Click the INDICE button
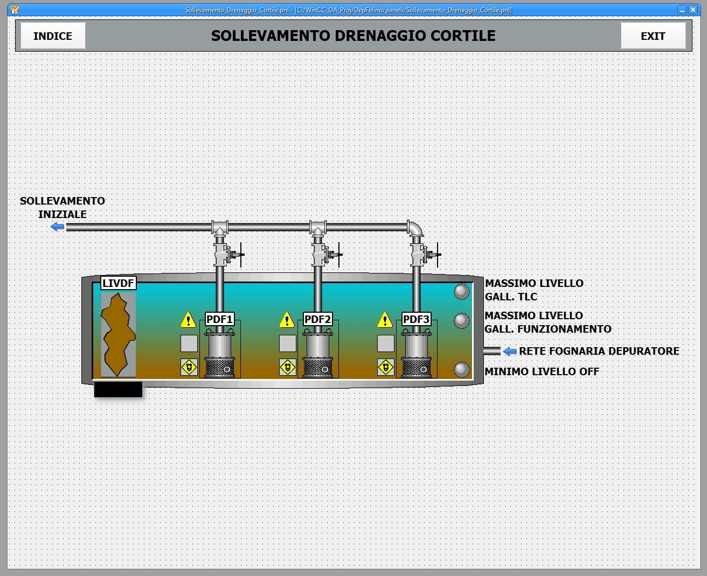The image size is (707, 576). [x=53, y=36]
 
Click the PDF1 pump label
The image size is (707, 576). [x=219, y=319]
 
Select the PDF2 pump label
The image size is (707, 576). [x=317, y=319]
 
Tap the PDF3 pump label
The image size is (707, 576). [x=416, y=319]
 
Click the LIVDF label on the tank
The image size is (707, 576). [x=119, y=283]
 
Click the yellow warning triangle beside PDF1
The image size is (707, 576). [x=189, y=320]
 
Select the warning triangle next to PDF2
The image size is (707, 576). [x=287, y=320]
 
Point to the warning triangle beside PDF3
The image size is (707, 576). [x=385, y=320]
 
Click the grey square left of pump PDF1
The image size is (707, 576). [x=189, y=343]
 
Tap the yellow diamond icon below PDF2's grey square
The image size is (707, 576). [x=288, y=367]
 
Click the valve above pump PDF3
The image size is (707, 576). [x=424, y=255]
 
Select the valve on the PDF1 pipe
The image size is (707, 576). [x=228, y=255]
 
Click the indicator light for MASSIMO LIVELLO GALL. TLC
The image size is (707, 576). [x=462, y=292]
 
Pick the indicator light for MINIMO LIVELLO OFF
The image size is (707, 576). [x=462, y=370]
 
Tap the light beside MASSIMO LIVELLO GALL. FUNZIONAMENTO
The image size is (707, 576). [x=462, y=321]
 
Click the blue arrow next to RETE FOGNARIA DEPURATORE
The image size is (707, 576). [x=510, y=352]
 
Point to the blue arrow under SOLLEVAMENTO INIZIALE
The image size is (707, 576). [x=57, y=227]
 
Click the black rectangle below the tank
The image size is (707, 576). [x=119, y=389]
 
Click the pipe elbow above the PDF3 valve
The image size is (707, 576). [x=415, y=228]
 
